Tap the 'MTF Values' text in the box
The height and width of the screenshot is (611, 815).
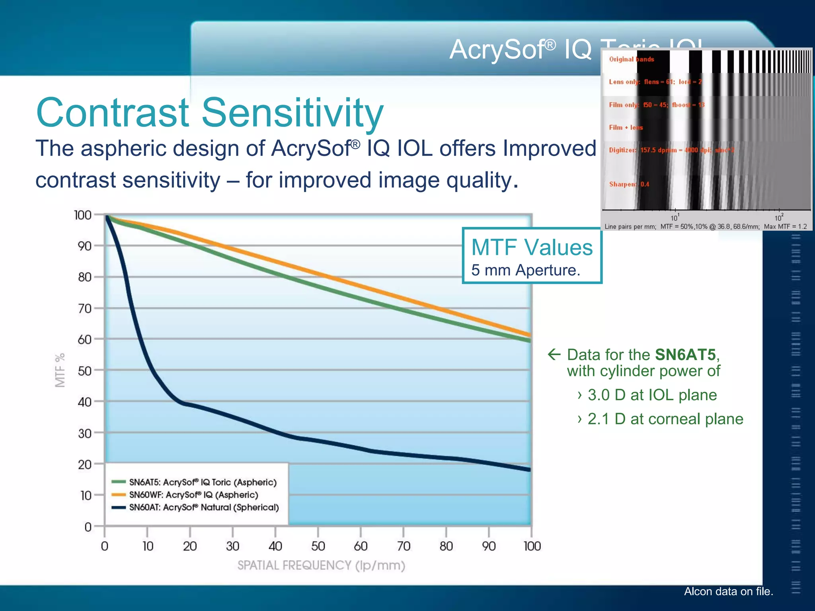pyautogui.click(x=532, y=247)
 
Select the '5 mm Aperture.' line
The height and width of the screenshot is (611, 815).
pyautogui.click(x=525, y=270)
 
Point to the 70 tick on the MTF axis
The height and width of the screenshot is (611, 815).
pyautogui.click(x=85, y=308)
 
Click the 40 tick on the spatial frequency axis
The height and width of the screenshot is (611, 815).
pyautogui.click(x=275, y=546)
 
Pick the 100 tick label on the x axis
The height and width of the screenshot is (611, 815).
pyautogui.click(x=532, y=546)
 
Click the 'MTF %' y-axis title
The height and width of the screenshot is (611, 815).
pyautogui.click(x=60, y=370)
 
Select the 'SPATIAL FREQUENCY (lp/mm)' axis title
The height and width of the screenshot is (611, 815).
pyautogui.click(x=321, y=565)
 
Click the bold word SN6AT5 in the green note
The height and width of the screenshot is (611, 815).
pyautogui.click(x=685, y=354)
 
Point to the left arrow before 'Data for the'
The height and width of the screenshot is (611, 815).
pyautogui.click(x=554, y=354)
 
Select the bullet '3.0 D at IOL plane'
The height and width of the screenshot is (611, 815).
pyautogui.click(x=652, y=395)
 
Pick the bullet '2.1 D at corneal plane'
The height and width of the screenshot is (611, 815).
pyautogui.click(x=665, y=419)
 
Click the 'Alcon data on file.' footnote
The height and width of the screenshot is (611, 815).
pyautogui.click(x=728, y=592)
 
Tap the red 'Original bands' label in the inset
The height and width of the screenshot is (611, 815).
pyautogui.click(x=631, y=59)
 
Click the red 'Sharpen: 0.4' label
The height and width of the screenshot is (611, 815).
pyautogui.click(x=629, y=184)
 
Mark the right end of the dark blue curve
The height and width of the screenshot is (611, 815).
pyautogui.click(x=529, y=469)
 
